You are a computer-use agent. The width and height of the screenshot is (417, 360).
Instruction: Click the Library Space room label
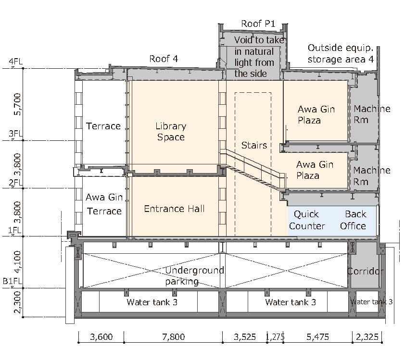pyautogui.click(x=171, y=132)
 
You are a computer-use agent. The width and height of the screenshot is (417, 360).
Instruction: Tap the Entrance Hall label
pyautogui.click(x=174, y=209)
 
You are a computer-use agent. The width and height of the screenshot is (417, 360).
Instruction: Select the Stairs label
pyautogui.click(x=254, y=145)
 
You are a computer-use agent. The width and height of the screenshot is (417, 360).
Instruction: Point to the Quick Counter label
pyautogui.click(x=307, y=220)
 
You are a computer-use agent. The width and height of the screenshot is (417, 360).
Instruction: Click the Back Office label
pyautogui.click(x=353, y=220)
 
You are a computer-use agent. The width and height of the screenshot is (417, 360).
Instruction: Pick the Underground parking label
pyautogui.click(x=194, y=276)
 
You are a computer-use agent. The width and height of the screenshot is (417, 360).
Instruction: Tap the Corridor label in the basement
pyautogui.click(x=366, y=271)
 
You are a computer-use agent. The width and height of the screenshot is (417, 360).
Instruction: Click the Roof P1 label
pyautogui.click(x=258, y=24)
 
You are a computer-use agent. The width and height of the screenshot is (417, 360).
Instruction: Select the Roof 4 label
pyautogui.click(x=164, y=59)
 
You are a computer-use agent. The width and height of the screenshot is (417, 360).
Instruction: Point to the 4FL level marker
pyautogui.click(x=16, y=62)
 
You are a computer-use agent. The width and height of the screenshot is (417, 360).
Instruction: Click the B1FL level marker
pyautogui.click(x=12, y=281)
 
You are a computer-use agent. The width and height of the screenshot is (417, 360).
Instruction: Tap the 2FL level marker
pyautogui.click(x=16, y=183)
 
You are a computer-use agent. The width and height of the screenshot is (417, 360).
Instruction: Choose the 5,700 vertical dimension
pyautogui.click(x=17, y=104)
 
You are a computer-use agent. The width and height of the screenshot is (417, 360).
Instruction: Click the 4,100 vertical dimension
pyautogui.click(x=17, y=262)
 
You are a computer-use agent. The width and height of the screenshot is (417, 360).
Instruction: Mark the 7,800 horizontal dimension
pyautogui.click(x=174, y=337)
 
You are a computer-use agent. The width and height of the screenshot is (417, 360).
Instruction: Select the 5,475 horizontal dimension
pyautogui.click(x=317, y=337)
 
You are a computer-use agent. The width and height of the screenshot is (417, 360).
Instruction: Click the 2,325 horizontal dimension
pyautogui.click(x=367, y=337)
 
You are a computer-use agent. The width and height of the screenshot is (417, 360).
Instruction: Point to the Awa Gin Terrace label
pyautogui.click(x=104, y=204)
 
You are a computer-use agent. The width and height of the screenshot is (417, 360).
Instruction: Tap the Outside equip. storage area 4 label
pyautogui.click(x=341, y=53)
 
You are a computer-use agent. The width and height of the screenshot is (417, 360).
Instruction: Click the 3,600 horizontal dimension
pyautogui.click(x=101, y=337)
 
